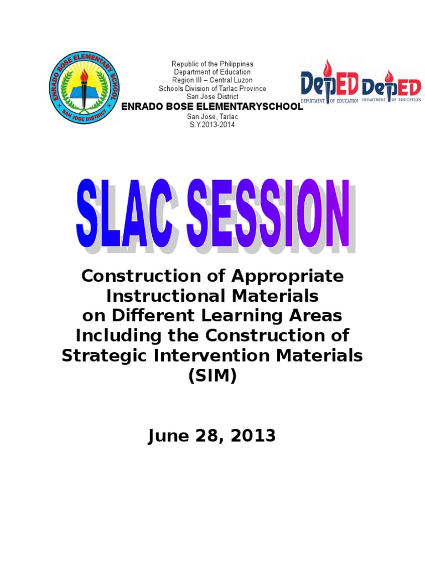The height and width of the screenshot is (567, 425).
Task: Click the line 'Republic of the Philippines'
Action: [x=212, y=64]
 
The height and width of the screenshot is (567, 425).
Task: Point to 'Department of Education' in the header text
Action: [x=212, y=73]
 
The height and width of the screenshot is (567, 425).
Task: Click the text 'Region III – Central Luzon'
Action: [x=212, y=80]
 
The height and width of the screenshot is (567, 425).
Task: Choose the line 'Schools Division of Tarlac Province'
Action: [x=212, y=89]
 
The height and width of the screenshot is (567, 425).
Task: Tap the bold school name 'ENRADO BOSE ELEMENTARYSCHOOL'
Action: [x=212, y=106]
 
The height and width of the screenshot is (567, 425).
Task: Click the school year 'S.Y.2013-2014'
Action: [x=212, y=125]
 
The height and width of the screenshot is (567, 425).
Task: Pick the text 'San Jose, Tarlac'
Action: [x=212, y=116]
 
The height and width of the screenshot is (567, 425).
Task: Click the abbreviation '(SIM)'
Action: [x=212, y=376]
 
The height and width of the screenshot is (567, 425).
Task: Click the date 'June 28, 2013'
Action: [x=212, y=436]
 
